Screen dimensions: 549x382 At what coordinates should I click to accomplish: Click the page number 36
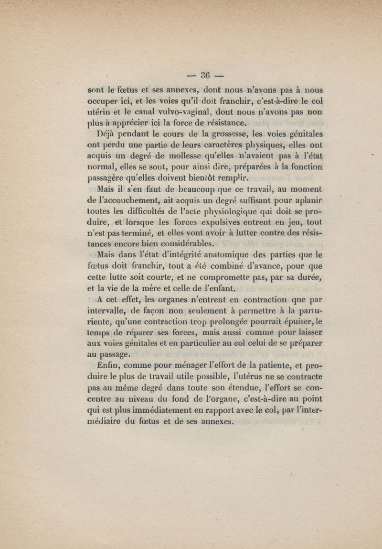pyautogui.click(x=205, y=75)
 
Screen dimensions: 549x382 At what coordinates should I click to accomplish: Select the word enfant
pyautogui.click(x=221, y=289)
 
